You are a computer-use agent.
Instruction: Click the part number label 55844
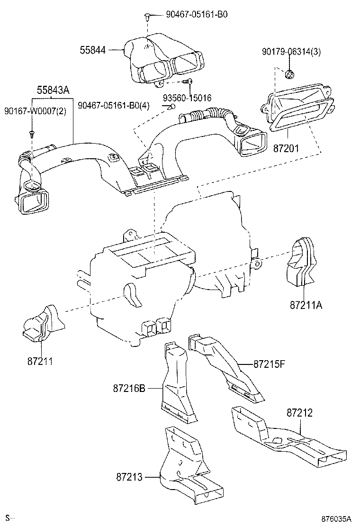pyautogui.click(x=93, y=50)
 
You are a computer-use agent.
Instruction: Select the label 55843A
pyautogui.click(x=53, y=90)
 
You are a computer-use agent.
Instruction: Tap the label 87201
pyautogui.click(x=286, y=148)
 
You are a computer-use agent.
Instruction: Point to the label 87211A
pyautogui.click(x=306, y=305)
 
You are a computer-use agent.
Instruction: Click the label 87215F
pyautogui.click(x=270, y=364)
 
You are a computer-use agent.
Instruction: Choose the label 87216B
pyautogui.click(x=129, y=389)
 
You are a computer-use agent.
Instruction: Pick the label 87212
pyautogui.click(x=299, y=413)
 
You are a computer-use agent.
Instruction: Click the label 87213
pyautogui.click(x=129, y=477)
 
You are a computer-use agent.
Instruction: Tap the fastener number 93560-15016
pyautogui.click(x=187, y=98)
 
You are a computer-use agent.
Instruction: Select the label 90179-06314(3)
pyautogui.click(x=291, y=52)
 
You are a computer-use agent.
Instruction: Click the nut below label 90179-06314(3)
pyautogui.click(x=288, y=74)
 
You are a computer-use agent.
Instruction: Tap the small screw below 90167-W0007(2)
pyautogui.click(x=32, y=134)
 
